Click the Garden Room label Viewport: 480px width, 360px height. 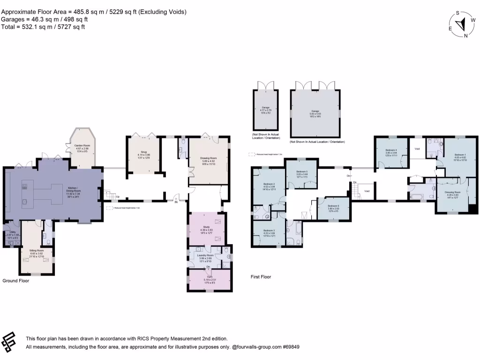click(x=82, y=145)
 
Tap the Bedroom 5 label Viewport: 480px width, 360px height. click(x=301, y=172)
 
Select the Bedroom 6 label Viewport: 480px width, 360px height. click(x=333, y=206)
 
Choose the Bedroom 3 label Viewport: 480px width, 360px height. click(x=269, y=231)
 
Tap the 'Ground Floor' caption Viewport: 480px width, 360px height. click(x=16, y=281)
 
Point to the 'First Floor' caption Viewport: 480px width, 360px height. click(x=261, y=277)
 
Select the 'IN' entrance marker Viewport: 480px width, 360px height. click(x=176, y=202)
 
